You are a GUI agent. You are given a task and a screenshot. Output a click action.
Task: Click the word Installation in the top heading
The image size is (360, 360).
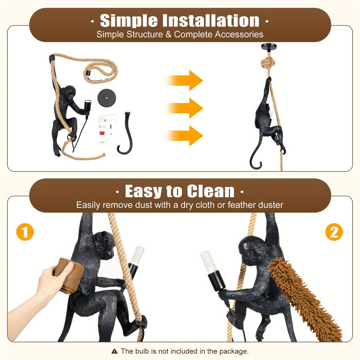pos(211,21)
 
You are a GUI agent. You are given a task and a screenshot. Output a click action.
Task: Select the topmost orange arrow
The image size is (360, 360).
pos(185,81)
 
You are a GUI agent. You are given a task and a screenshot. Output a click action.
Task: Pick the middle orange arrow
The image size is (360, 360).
pos(185,108)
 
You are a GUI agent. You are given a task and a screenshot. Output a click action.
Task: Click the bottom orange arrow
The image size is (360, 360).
pos(185,135)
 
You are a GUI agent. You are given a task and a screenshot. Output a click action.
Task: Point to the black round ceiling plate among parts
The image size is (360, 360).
pos(107,98)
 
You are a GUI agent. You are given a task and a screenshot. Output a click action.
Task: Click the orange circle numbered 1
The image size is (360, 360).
pos(25,232)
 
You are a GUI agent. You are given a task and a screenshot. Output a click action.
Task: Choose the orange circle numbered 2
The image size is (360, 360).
pos(334,232)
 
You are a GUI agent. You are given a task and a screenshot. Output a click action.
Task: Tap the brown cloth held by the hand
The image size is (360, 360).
pos(69,276)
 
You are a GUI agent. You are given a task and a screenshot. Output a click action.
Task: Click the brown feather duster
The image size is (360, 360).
pos(306,298)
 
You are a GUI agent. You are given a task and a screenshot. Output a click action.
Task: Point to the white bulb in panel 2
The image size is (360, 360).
pos(208,262)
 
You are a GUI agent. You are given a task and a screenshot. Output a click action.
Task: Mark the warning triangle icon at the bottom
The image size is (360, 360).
pos(114,351)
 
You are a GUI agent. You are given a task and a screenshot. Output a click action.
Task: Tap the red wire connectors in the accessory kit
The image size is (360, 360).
pos(102,133)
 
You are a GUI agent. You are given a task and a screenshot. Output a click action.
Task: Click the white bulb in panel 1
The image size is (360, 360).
pos(137,255)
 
